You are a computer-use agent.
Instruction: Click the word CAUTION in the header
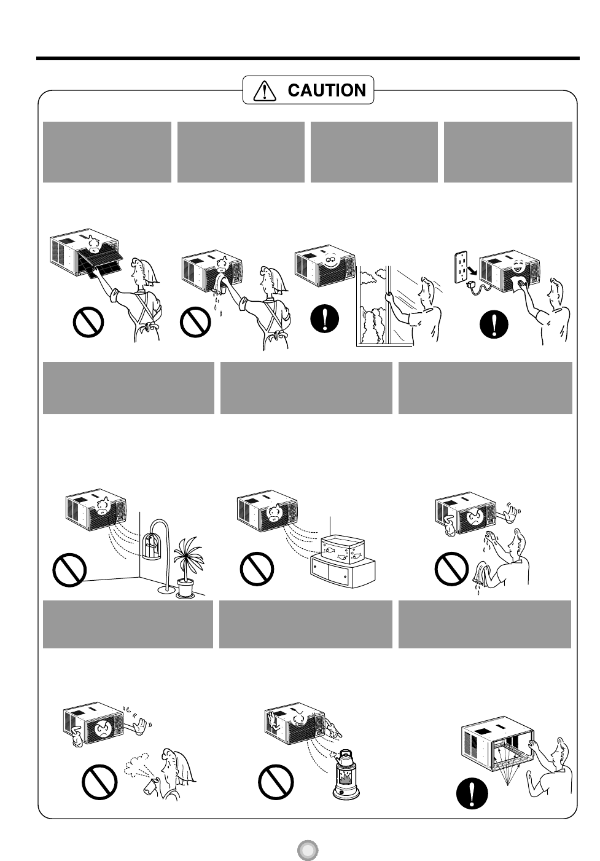(x=327, y=90)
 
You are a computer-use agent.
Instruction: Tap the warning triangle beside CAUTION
(x=265, y=92)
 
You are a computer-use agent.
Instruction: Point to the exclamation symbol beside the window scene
(x=325, y=318)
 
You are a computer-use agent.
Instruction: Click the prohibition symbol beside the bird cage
(x=69, y=570)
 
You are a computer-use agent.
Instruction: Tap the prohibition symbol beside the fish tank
(x=257, y=569)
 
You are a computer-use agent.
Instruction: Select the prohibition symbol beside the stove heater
(x=276, y=782)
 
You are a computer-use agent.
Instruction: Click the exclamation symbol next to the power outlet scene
(x=494, y=324)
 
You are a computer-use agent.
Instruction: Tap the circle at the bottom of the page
(x=308, y=849)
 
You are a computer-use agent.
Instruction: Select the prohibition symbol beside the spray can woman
(x=99, y=782)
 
